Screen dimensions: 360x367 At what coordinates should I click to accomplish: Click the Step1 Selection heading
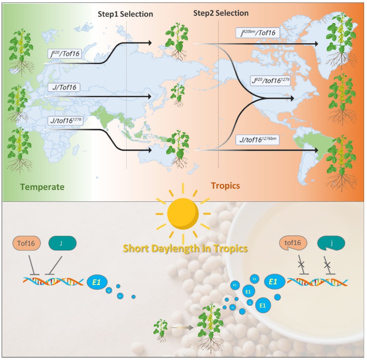pyautogui.click(x=125, y=14)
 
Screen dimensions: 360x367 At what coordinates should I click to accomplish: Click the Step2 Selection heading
pyautogui.click(x=221, y=13)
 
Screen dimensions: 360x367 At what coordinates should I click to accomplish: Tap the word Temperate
pyautogui.click(x=42, y=187)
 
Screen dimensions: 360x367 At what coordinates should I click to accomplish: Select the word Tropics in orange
pyautogui.click(x=225, y=186)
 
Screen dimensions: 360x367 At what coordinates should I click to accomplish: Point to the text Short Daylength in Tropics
pyautogui.click(x=185, y=248)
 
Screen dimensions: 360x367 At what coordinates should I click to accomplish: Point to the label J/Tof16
pyautogui.click(x=65, y=88)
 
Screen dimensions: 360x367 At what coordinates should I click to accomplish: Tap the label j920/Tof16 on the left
pyautogui.click(x=65, y=53)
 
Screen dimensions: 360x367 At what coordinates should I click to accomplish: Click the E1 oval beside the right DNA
pyautogui.click(x=273, y=281)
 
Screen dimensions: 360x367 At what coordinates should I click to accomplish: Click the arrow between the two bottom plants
pyautogui.click(x=181, y=327)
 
